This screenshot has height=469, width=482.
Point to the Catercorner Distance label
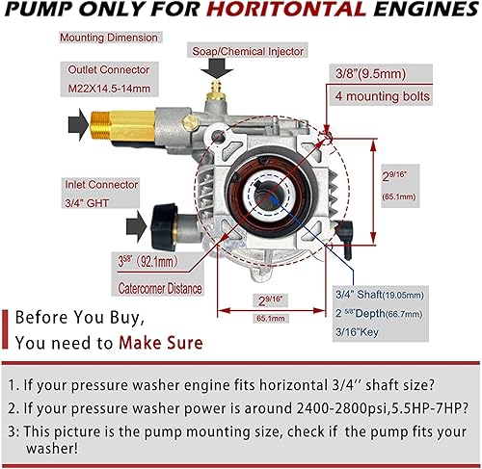pyautogui.click(x=157, y=289)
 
